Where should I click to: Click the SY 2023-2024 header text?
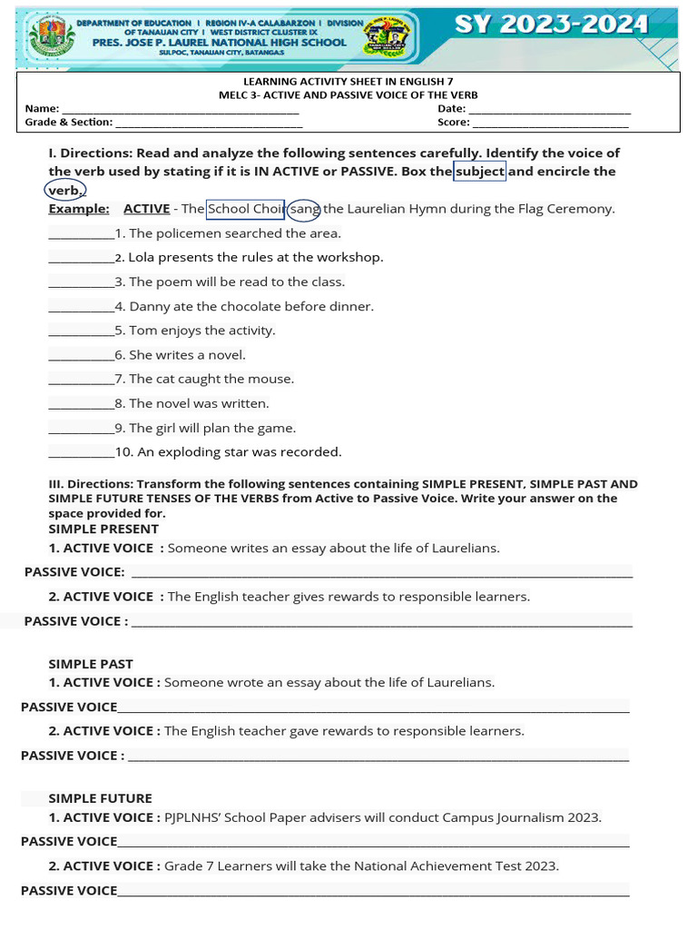pos(552,25)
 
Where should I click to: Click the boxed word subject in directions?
pos(480,172)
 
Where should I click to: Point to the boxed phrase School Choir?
pos(246,209)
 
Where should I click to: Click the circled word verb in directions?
pos(64,191)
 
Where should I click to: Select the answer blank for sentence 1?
pos(81,234)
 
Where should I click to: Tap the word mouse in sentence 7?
pos(274,380)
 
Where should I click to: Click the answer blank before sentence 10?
pos(81,453)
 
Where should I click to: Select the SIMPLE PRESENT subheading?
pos(103,529)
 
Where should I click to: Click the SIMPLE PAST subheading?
pos(91,664)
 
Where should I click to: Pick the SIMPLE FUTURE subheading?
pos(100,798)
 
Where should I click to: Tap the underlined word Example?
pos(79,209)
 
